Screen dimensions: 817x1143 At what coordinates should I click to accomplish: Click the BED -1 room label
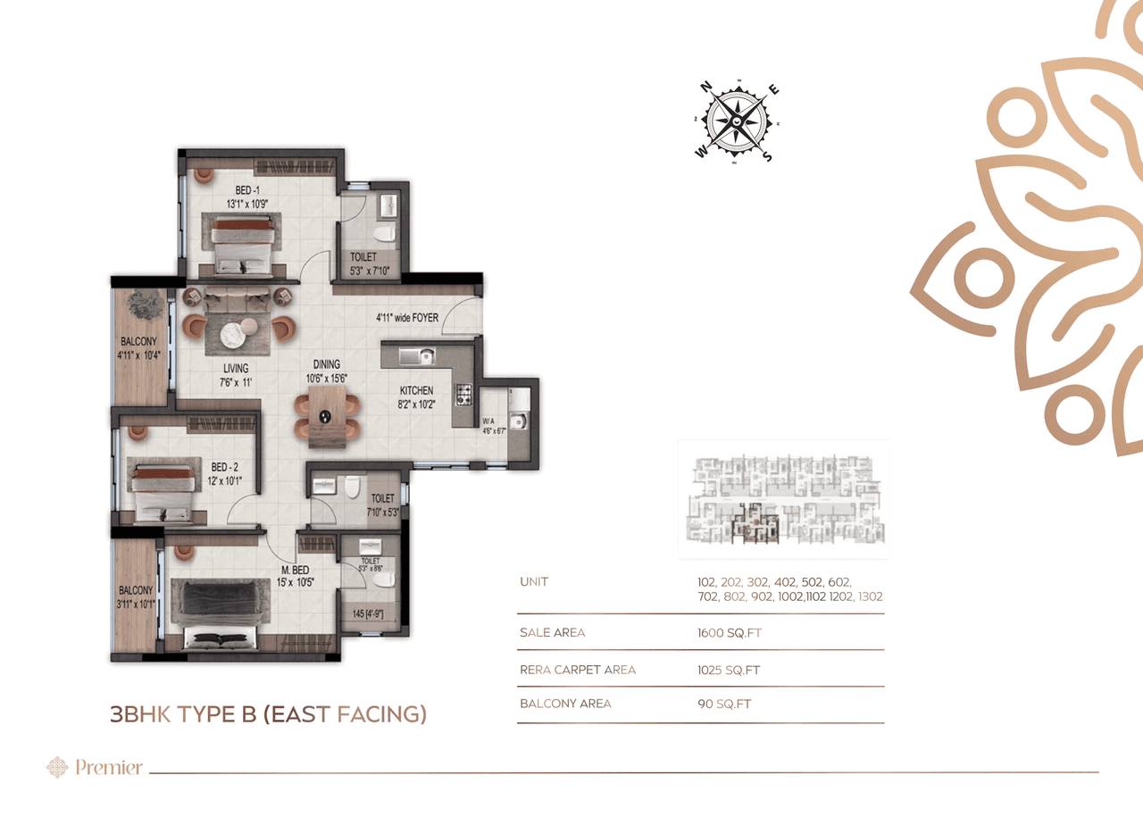coord(246,190)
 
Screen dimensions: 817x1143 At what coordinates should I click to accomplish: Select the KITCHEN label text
coord(416,390)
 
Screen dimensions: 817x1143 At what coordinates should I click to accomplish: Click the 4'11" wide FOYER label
coord(406,317)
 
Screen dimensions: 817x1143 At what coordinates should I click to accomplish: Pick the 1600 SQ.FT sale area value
coord(730,633)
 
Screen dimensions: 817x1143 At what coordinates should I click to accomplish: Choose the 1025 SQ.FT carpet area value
coord(729,670)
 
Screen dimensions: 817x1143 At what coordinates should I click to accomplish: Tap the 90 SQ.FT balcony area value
coord(724,704)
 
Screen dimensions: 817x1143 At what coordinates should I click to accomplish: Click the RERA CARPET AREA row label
coord(578,670)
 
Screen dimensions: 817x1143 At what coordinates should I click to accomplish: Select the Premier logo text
coord(108,767)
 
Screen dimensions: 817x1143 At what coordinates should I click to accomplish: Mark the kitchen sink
coord(416,356)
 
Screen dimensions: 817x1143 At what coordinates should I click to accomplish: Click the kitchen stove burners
coord(463,394)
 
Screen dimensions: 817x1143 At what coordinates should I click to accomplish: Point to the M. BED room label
coord(294,570)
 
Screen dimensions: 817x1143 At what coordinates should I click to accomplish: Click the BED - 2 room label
coord(224,466)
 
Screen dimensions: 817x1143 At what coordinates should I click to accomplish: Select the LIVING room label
coord(236,368)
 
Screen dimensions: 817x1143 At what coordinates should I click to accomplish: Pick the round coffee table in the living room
coord(234,332)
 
